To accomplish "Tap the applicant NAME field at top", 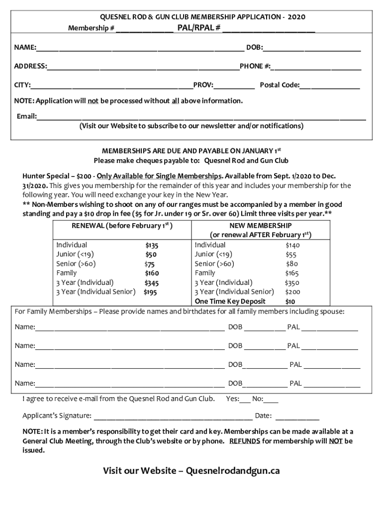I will pos(139,48).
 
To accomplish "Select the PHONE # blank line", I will pos(316,66).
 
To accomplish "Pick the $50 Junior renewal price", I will pos(151,254).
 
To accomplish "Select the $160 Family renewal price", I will pos(151,273).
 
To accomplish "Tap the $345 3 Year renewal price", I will pos(151,283).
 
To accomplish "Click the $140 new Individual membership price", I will pos(292,245).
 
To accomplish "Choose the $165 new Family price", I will pos(292,273).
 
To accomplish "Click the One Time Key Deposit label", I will pos(230,301).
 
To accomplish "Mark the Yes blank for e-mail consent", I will pos(245,399).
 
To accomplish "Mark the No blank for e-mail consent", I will pos(272,399).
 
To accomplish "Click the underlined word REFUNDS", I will pos(244,441).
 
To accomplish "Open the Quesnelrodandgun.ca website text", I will pos(229,471).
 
